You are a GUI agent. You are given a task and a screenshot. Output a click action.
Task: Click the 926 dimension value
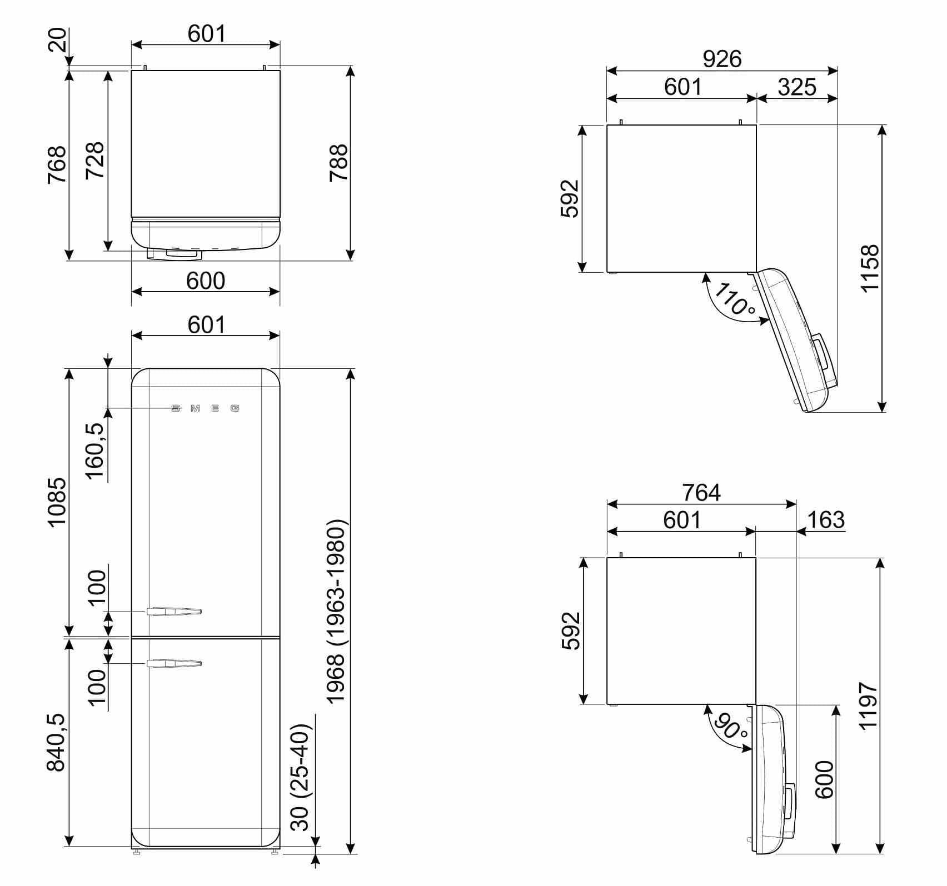(722, 59)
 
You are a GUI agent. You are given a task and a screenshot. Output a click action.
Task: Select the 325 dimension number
(797, 87)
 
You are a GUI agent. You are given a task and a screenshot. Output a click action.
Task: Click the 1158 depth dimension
(870, 268)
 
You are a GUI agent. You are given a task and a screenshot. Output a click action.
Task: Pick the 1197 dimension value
(868, 705)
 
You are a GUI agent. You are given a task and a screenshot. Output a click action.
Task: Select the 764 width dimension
(701, 492)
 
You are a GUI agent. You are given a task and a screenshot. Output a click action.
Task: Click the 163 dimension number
(826, 520)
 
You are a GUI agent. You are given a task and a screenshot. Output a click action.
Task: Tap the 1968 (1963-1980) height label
(336, 612)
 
